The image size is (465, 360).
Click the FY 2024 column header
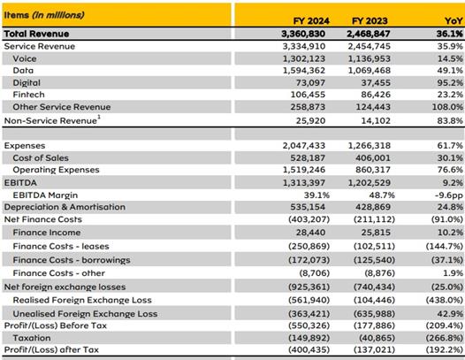pos(311,20)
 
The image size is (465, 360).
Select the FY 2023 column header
pos(370,20)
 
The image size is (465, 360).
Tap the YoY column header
pos(454,20)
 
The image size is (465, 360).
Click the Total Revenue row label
pos(36,34)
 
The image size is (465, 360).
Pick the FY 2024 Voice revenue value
pos(304,58)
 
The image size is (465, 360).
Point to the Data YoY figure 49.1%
pos(450,71)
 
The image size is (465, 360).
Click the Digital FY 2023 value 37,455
pos(376,83)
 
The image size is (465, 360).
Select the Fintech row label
pos(29,95)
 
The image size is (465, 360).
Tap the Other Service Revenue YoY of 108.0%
pos(447,107)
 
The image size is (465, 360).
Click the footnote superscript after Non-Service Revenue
pos(99,118)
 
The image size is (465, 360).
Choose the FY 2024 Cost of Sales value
pos(308,158)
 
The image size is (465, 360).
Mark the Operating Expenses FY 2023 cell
pos(373,170)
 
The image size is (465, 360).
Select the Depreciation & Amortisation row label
pos(65,207)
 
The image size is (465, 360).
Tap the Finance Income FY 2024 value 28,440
pos(310,233)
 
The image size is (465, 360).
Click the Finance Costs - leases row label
pos(61,246)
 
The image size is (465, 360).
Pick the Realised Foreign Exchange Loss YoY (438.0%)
pos(445,300)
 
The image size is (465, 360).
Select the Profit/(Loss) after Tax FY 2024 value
pos(309,349)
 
